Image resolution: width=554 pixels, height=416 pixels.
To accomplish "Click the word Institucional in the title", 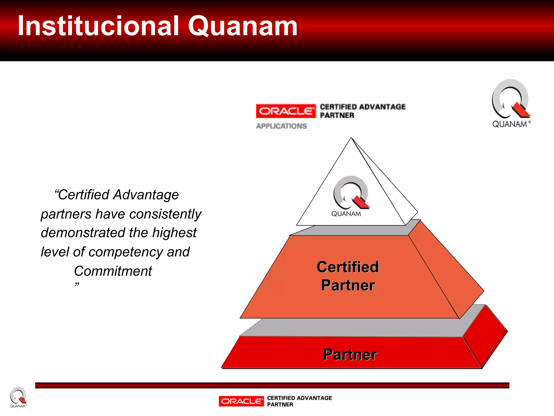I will (98, 26).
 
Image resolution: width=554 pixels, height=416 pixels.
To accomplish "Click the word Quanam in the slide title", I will (243, 27).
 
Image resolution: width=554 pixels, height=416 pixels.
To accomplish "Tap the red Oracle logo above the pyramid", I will (286, 111).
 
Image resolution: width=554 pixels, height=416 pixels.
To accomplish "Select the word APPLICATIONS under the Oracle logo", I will (281, 126).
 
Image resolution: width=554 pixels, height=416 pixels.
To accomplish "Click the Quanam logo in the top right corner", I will (511, 103).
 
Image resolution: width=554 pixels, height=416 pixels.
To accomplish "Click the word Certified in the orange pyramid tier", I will (348, 267).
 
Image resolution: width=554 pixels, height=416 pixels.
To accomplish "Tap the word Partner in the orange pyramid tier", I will (348, 285).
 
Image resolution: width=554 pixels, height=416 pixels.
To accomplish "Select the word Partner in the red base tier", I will (350, 355).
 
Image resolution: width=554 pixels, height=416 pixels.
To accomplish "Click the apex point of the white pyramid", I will (351, 138).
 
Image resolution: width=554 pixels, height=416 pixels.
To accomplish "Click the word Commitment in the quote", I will (113, 271).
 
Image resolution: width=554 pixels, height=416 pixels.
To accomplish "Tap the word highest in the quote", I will (174, 233).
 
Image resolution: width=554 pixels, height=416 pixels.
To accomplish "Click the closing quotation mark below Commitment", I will (77, 284).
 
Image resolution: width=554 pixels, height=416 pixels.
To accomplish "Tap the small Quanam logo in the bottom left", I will (18, 397).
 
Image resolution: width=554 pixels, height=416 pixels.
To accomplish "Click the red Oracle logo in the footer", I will (241, 401).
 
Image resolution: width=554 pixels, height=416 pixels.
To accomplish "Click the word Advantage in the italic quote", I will (146, 195).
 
